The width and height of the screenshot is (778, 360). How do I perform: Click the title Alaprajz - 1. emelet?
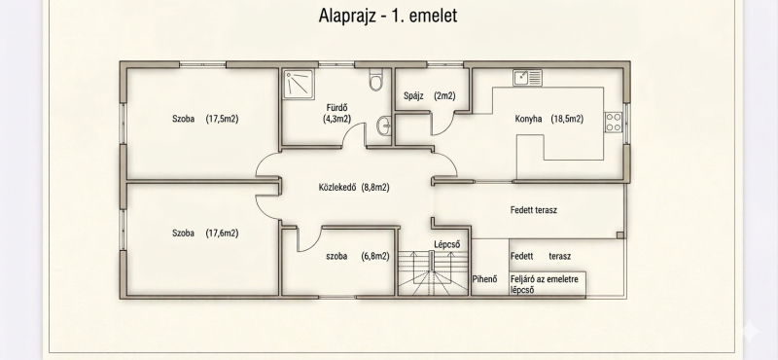tap(387, 16)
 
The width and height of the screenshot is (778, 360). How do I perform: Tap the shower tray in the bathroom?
tap(300, 82)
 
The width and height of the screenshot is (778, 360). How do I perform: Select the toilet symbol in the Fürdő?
tap(375, 80)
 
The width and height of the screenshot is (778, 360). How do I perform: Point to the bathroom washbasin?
tap(384, 126)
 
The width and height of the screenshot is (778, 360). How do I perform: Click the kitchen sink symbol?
tap(527, 78)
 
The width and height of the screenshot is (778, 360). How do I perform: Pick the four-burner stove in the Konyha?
tap(614, 123)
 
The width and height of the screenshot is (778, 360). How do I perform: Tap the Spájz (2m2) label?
tap(429, 95)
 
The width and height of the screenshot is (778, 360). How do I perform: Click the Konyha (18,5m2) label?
tap(548, 119)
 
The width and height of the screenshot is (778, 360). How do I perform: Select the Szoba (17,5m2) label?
tap(205, 119)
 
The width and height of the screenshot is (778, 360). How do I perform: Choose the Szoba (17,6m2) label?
tap(205, 233)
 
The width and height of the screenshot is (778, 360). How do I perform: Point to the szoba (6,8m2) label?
tap(357, 256)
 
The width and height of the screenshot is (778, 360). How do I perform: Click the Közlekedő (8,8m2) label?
tap(354, 187)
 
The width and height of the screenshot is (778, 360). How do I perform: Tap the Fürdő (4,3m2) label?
tap(337, 113)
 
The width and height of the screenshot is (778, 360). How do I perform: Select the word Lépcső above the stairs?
tap(447, 244)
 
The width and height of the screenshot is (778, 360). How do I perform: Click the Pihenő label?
tap(484, 279)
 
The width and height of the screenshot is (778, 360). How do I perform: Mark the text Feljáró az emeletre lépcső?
tap(545, 284)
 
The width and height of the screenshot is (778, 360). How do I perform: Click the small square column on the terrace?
tap(620, 235)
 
